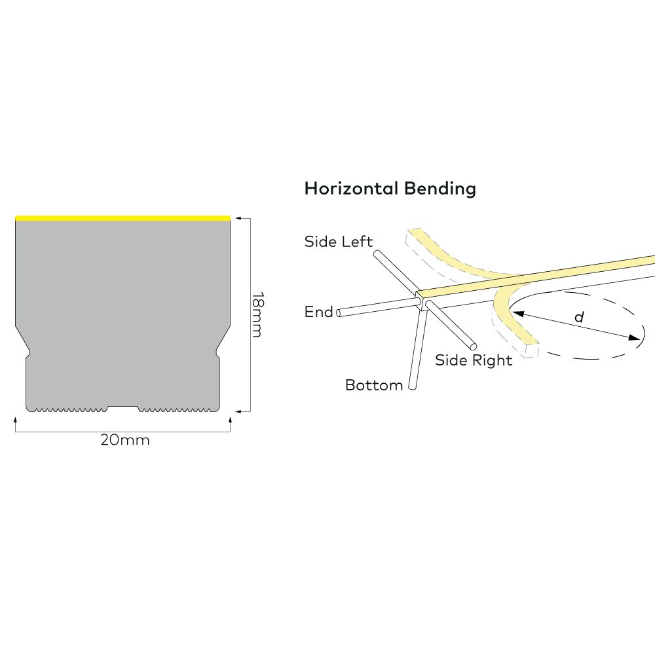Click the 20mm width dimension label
coord(125,440)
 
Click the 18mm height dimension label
coord(256,314)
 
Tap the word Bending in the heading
coord(440,189)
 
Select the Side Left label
coord(338,242)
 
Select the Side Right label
coord(474,360)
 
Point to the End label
coord(319,312)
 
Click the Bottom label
coord(374,385)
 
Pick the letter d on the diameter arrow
coord(578,318)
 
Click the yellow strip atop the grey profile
coord(122,218)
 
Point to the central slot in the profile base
coord(122,408)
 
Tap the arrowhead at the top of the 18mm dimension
coord(238,217)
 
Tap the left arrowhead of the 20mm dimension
coord(16,418)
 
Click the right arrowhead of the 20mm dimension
coord(230,418)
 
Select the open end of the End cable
coord(339,314)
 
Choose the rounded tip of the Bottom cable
coord(411,387)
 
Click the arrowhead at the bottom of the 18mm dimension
coord(238,411)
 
